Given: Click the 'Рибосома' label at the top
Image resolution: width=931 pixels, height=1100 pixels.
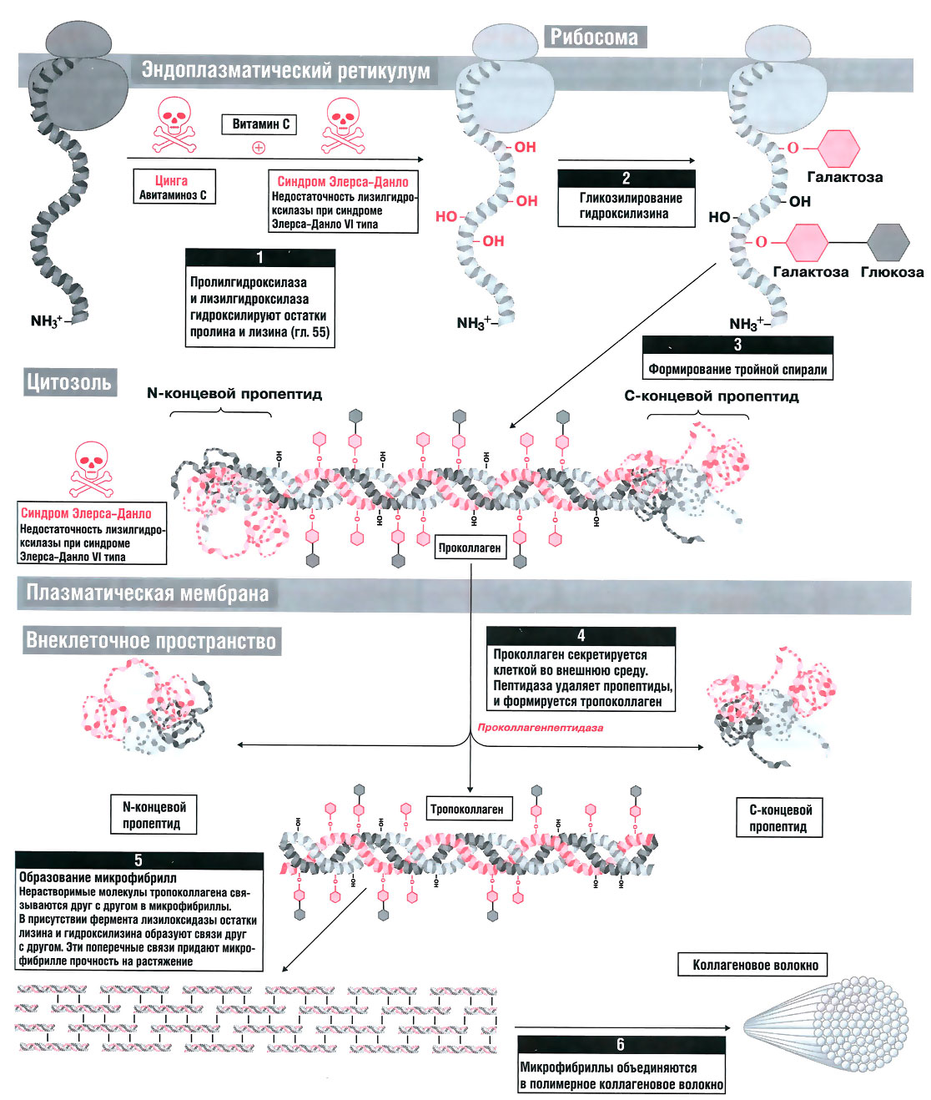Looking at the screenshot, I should tap(594, 37).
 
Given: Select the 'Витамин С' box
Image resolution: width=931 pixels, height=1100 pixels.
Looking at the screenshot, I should tap(260, 124).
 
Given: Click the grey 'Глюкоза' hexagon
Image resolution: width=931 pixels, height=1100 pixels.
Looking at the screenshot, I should tap(888, 242).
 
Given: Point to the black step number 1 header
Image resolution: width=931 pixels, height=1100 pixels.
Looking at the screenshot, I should tap(259, 257).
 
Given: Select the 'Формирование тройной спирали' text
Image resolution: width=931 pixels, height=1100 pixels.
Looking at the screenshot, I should tap(737, 369).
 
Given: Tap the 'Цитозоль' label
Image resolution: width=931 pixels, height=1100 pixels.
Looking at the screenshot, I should tap(68, 382).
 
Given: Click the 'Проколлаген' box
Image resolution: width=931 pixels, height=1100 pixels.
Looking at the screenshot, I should tap(470, 547).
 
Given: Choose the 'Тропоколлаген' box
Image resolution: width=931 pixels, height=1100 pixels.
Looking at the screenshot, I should tap(466, 809).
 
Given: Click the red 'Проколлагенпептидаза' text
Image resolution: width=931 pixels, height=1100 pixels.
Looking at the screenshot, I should tap(540, 727).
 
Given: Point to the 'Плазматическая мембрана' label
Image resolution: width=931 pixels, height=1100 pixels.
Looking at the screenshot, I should tap(148, 593).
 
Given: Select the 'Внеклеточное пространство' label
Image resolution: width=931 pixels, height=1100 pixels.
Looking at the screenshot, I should tap(151, 640).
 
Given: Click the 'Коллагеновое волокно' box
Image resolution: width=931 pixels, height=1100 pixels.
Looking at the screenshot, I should tap(755, 965).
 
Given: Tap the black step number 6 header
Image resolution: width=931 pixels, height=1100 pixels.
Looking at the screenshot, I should tap(620, 1044).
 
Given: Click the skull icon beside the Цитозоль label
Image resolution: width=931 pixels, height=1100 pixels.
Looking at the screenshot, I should tap(92, 469).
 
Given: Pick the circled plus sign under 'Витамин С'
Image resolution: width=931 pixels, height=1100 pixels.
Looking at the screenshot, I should tap(259, 148).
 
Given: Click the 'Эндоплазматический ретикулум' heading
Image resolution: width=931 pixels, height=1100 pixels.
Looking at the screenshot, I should tap(285, 70).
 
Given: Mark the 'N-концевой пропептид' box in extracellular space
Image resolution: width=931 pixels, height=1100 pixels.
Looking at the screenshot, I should tap(154, 815).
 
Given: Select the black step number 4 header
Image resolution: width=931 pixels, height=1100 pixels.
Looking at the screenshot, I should tap(581, 635).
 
